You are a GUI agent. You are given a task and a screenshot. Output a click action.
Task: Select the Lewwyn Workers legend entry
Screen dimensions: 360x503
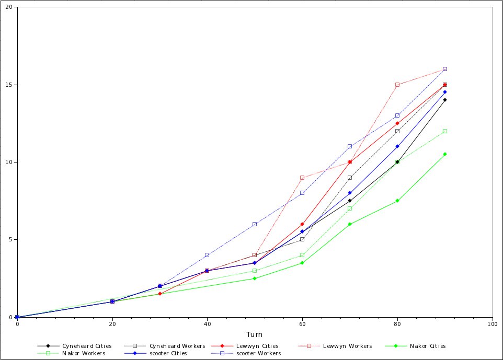347,346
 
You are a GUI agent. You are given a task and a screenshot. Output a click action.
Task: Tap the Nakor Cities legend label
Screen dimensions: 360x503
428,346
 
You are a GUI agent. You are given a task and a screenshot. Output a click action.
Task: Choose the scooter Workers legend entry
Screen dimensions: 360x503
258,353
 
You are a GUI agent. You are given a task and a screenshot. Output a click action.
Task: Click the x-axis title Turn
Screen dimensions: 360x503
255,334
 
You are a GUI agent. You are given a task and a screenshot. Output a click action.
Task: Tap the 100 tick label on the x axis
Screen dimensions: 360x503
492,324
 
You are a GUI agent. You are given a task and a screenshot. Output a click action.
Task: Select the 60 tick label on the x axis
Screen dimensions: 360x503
302,324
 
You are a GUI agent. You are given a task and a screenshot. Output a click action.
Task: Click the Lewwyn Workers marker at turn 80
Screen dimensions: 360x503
397,85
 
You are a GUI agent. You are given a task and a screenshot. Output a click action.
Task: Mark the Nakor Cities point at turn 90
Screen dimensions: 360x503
445,154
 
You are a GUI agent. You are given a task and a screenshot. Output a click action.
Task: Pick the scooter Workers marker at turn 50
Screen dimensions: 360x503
255,224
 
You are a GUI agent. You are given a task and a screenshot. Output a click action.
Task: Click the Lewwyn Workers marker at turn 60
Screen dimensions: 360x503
302,178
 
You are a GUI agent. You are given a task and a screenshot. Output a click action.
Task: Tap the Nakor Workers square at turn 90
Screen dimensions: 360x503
445,131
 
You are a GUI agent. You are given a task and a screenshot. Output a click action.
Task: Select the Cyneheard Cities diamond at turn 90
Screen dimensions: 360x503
445,100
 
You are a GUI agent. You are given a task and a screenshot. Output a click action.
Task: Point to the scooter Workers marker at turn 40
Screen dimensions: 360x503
207,255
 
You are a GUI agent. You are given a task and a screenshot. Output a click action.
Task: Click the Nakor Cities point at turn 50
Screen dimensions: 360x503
255,278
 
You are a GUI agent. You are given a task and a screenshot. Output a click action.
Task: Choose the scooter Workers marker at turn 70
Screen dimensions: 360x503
350,146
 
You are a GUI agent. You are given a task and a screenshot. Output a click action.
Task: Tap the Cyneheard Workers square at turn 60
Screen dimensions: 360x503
302,239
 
